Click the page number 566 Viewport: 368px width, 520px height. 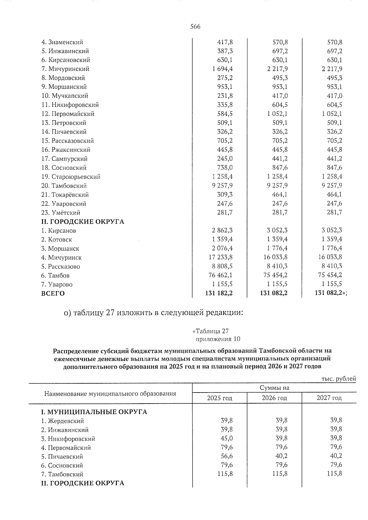195,27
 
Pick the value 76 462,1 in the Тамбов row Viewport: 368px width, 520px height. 220,275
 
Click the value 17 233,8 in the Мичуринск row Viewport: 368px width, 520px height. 220,257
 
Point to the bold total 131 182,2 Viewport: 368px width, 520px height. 219,293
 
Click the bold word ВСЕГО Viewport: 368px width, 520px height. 53,294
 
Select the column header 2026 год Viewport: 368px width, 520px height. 274,398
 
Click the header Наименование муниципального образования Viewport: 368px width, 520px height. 110,394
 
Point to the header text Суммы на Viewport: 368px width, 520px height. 274,388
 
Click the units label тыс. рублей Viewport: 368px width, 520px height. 338,379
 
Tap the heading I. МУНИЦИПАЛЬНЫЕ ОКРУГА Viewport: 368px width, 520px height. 94,412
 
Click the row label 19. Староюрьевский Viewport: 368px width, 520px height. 71,177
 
